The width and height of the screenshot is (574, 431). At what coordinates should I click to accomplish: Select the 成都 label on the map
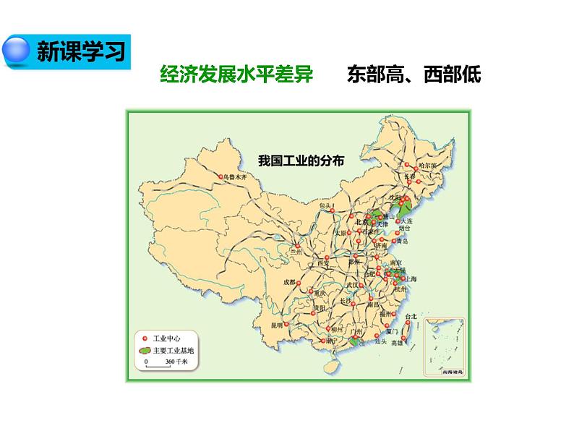click(x=289, y=283)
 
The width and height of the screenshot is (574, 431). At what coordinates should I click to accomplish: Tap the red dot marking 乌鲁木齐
click(x=219, y=176)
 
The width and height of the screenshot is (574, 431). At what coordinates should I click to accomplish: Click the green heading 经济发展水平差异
click(x=236, y=75)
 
